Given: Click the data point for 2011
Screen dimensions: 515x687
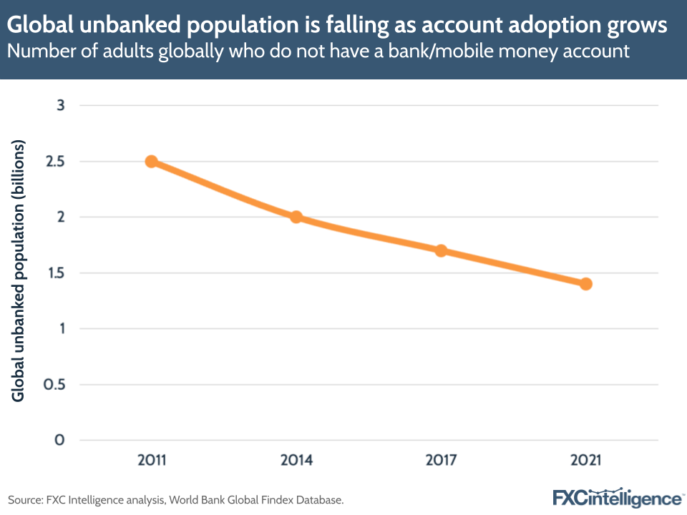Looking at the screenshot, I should (x=152, y=162).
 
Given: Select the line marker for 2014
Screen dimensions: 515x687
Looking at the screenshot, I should (x=296, y=217).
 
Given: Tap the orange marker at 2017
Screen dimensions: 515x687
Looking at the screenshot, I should (x=441, y=250).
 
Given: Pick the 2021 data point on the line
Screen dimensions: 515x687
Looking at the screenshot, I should (x=585, y=284).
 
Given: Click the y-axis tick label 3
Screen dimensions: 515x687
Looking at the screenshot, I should (x=61, y=106).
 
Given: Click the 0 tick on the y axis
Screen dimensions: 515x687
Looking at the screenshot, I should (x=61, y=441).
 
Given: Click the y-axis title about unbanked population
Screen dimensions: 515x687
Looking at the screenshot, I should (x=19, y=272).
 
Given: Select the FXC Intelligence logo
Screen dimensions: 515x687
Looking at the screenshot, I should (x=618, y=498).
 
